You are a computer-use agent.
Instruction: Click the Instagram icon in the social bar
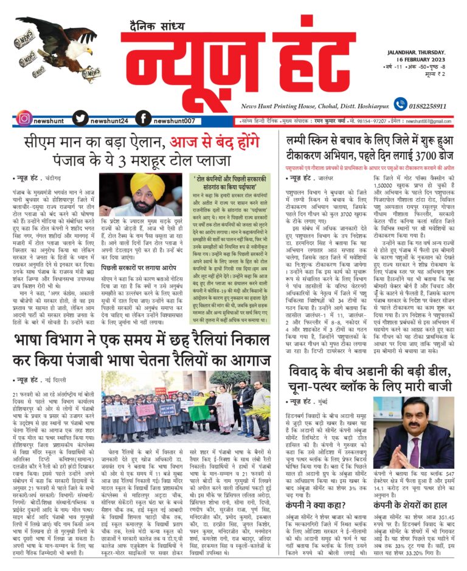[x=24, y=119]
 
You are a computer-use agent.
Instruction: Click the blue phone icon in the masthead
[x=400, y=104]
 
